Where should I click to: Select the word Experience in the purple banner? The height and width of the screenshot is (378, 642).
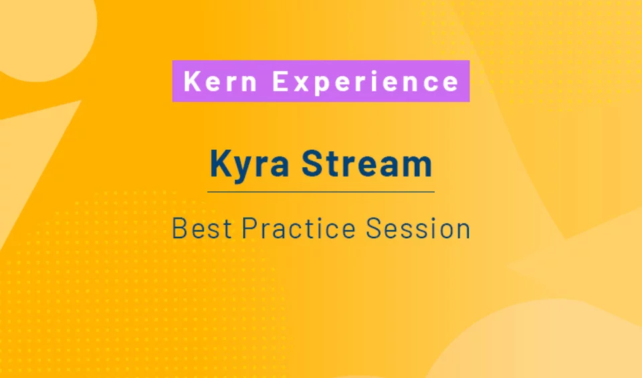pos(366,82)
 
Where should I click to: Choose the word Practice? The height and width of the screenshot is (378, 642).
pos(299,229)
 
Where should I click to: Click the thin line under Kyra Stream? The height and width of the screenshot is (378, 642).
pos(321,192)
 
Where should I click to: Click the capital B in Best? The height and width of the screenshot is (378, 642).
pos(179,229)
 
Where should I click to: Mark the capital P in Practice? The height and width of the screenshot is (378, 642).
pos(248,229)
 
